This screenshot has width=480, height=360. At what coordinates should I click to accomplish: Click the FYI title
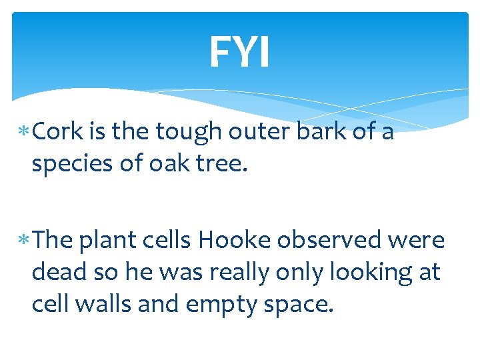click(x=239, y=52)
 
